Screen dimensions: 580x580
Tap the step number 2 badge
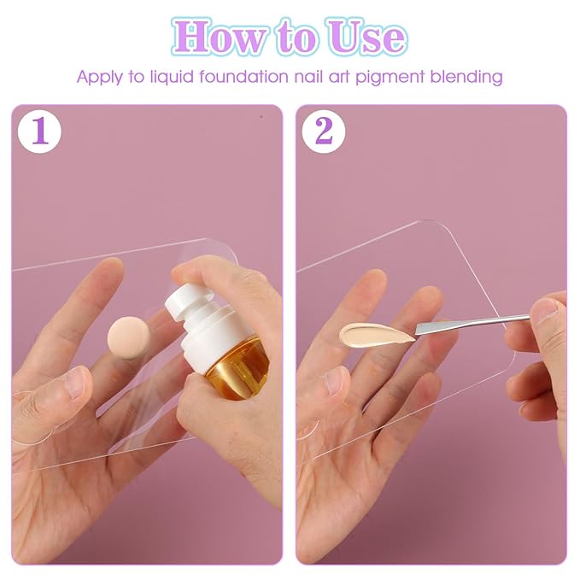click(324, 132)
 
